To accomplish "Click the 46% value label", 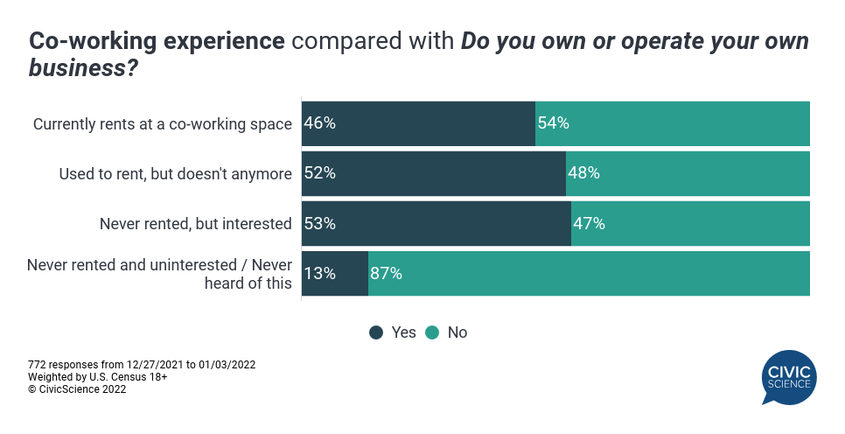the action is coord(319,123).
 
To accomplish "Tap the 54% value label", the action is coord(554,123).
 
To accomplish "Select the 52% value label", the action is coord(319,173).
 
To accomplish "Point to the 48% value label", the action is coord(584,173).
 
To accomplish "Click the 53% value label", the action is coord(319,223).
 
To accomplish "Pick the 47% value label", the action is coord(589,223).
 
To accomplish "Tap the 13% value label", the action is coord(319,273).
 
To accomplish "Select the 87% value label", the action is coord(387,273).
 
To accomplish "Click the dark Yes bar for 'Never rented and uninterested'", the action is coord(335,273).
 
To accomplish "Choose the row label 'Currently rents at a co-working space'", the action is coord(162,124).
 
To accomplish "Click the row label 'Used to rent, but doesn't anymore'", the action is coord(175,173).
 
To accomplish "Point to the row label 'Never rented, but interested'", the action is coord(196,224).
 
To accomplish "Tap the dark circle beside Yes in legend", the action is coord(376,332).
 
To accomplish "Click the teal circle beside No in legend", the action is coord(432,332).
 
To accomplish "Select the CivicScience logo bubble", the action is coord(789,377).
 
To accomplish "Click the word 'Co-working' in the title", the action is coord(93,41).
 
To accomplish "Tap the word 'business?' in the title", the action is coord(83,68).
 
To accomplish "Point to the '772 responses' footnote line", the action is coord(142,365).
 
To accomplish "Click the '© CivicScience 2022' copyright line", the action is coord(77,389).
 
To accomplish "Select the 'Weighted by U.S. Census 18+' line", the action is coord(98,377).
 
